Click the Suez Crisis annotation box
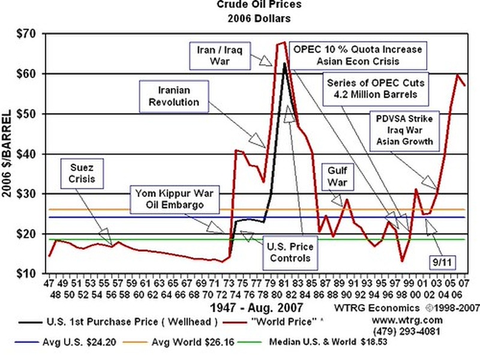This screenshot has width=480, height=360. [x=82, y=173]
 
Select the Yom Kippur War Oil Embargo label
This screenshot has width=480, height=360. [x=175, y=199]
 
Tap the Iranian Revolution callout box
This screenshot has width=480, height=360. [x=174, y=97]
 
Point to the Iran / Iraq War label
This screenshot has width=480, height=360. [x=220, y=56]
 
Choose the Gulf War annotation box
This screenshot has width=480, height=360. [x=337, y=176]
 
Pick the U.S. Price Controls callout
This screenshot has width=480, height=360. [x=290, y=253]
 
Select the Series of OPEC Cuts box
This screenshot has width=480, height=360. [x=376, y=89]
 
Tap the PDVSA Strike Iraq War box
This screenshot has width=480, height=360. [x=404, y=130]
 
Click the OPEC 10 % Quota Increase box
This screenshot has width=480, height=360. [x=358, y=56]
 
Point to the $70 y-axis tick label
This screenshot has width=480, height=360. [x=26, y=34]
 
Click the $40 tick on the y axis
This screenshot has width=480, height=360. [x=26, y=154]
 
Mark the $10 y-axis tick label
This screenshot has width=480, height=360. [x=26, y=274]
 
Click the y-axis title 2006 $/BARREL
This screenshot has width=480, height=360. [x=7, y=154]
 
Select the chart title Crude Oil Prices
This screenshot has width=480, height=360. [x=259, y=5]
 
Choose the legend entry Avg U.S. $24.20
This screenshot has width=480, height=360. [x=65, y=342]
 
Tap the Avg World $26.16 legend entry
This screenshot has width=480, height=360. [x=178, y=342]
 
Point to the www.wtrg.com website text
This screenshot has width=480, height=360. [x=407, y=320]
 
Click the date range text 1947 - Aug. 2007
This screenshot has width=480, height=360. [x=257, y=307]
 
